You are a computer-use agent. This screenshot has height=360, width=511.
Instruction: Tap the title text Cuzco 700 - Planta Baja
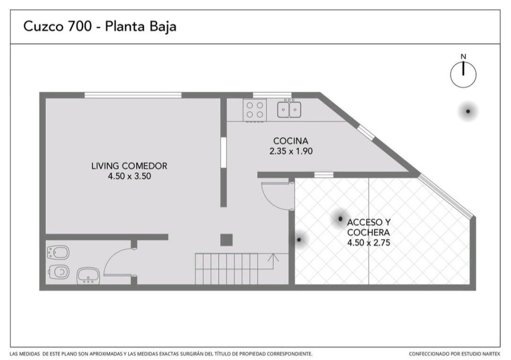click(100, 26)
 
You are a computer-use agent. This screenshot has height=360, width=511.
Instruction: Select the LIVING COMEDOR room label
click(129, 166)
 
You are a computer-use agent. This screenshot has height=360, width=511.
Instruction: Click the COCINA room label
click(291, 141)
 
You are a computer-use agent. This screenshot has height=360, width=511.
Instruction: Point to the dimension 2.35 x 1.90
click(291, 151)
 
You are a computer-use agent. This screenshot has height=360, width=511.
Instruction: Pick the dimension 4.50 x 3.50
click(129, 176)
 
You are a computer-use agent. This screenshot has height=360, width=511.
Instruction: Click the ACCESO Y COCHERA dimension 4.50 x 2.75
click(369, 243)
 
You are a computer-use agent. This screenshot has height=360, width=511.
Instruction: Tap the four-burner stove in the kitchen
click(255, 110)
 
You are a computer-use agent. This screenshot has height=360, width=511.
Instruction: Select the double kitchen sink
click(289, 109)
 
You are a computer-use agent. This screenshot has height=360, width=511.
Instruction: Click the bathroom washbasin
click(88, 276)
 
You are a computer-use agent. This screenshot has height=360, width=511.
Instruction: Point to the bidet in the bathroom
click(58, 253)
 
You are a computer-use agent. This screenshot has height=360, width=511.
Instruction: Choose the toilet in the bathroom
click(58, 272)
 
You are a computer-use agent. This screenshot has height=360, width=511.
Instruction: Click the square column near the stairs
click(226, 240)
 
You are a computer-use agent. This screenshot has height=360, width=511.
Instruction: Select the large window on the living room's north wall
click(133, 95)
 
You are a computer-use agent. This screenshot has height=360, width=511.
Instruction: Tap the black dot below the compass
click(468, 112)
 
